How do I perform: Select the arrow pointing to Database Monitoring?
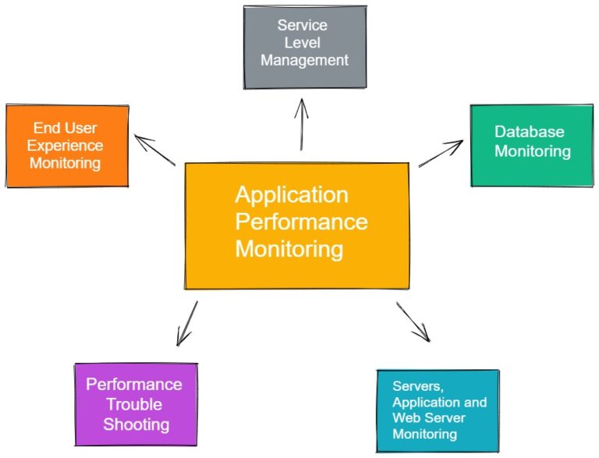[x=441, y=154]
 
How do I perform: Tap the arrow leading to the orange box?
[x=155, y=151]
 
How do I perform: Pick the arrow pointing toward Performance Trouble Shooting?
[x=187, y=323]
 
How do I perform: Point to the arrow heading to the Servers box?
[x=413, y=321]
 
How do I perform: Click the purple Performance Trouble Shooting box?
[x=135, y=404]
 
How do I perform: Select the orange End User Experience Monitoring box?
[x=67, y=145]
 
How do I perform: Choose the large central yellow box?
[x=296, y=225]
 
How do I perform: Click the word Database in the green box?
[x=530, y=132]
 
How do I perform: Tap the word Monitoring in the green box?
[x=533, y=151]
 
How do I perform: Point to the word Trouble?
[x=134, y=404]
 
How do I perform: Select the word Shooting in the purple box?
[x=136, y=424]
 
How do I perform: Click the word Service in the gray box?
[x=303, y=26]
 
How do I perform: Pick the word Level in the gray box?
[x=303, y=43]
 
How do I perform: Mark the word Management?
[x=303, y=60]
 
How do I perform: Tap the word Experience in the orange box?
[x=66, y=146]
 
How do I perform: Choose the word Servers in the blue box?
[x=416, y=386]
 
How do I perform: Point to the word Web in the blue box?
[x=406, y=418]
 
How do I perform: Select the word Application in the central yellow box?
[x=292, y=194]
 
